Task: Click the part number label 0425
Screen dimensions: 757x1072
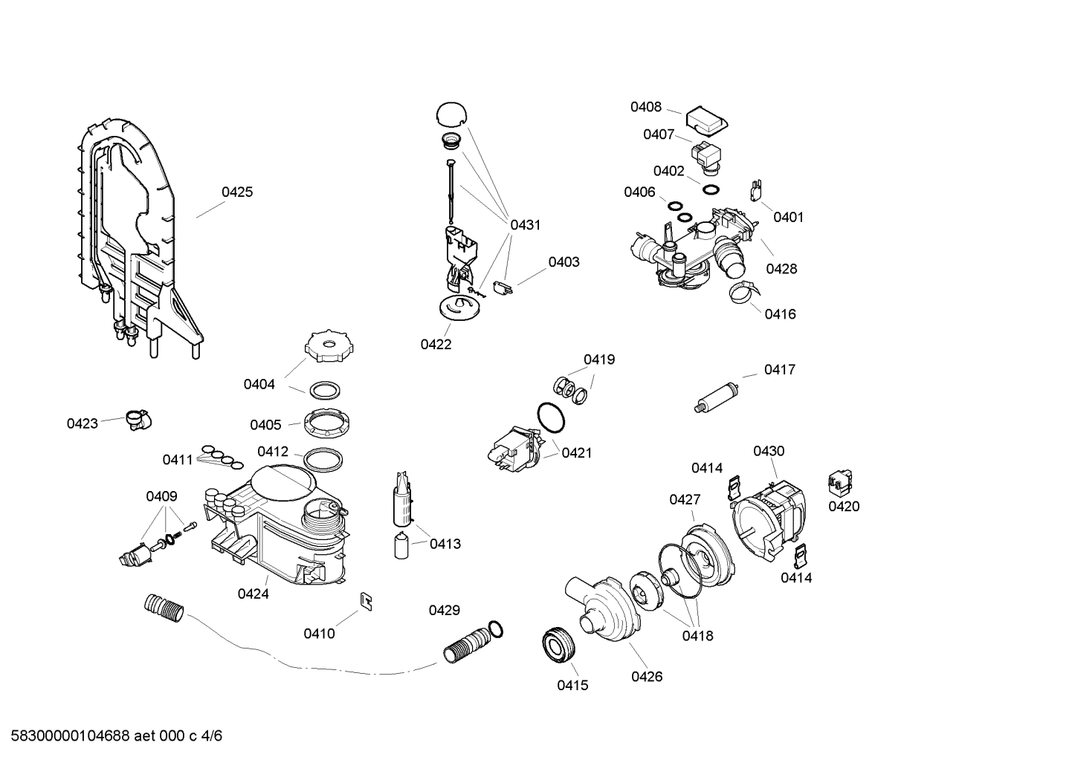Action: (237, 192)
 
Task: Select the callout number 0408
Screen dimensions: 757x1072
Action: (645, 107)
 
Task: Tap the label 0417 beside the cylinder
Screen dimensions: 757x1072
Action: (779, 369)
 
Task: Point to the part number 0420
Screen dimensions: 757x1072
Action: (843, 507)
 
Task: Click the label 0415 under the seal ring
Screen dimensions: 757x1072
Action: (572, 685)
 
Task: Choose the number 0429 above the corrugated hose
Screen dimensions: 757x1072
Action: (444, 610)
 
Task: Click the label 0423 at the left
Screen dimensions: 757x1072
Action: (82, 423)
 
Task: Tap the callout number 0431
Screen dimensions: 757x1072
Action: (525, 224)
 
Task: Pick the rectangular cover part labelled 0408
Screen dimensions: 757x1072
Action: (706, 120)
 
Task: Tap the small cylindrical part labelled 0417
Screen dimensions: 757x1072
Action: (715, 394)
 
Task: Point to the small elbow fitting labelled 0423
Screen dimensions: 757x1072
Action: (136, 420)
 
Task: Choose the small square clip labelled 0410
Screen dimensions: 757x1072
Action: (367, 600)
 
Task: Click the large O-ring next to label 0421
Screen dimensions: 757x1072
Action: (552, 418)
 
